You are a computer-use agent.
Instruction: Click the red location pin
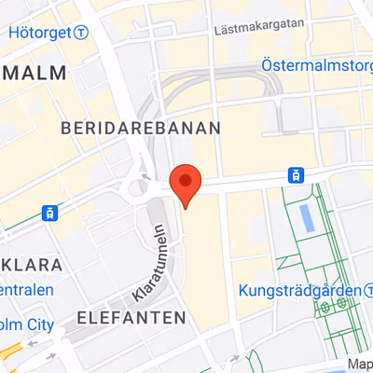[186, 185]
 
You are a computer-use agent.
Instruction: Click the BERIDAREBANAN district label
[140, 128]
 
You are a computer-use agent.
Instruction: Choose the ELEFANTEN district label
[131, 317]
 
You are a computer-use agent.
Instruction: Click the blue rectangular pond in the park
[307, 219]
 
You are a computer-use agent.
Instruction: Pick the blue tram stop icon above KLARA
[48, 213]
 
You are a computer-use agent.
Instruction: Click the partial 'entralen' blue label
[26, 290]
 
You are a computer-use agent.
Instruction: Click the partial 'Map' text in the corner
[360, 365]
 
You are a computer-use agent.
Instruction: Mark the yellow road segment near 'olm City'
[9, 352]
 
